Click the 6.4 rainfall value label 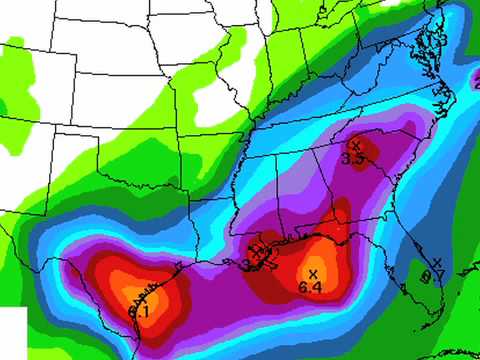tap(310, 288)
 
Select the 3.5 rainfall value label tap(352, 158)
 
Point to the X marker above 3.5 tap(355, 145)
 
